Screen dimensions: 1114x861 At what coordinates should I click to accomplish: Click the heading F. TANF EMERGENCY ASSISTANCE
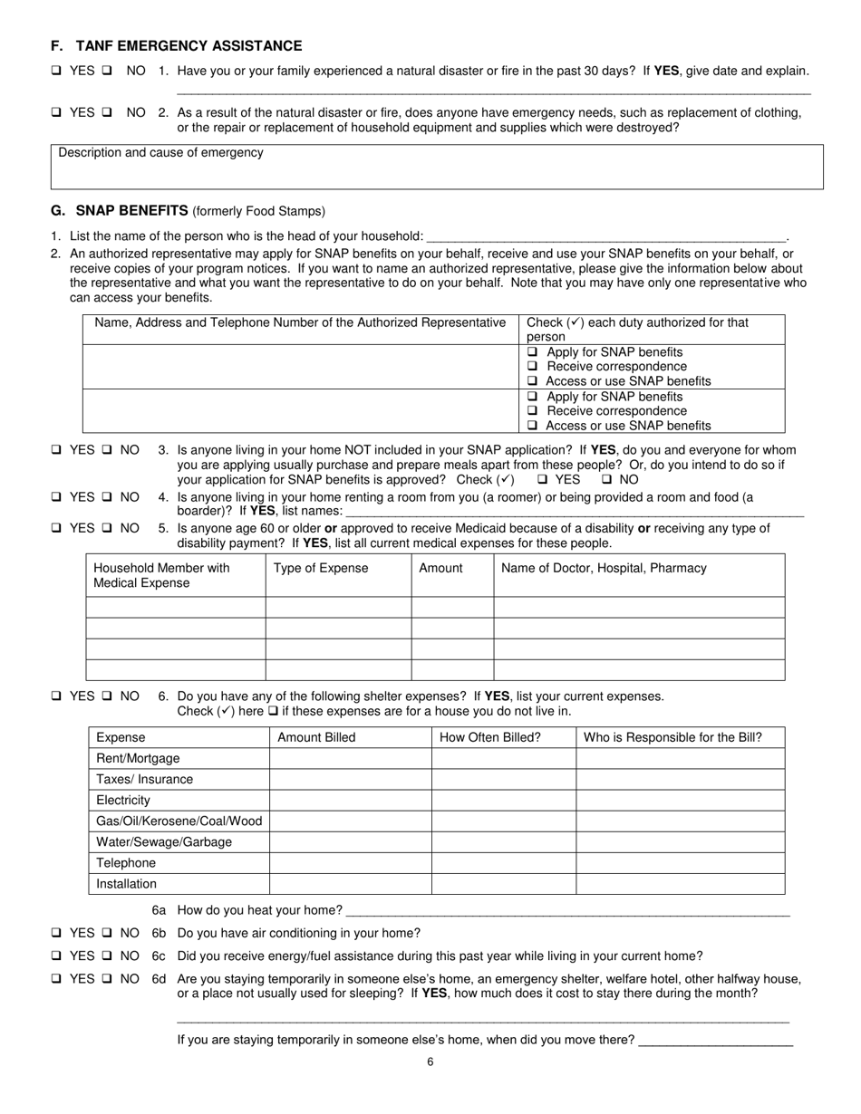pos(177,46)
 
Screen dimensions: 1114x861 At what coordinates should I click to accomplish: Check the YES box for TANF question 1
pos(56,71)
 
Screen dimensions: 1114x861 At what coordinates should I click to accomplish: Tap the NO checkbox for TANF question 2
pos(107,113)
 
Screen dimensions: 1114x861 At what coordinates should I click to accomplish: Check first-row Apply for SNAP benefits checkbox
pos(533,352)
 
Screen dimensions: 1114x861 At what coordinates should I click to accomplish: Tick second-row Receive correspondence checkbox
pos(533,411)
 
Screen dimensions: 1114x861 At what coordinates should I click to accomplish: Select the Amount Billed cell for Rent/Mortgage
pos(350,758)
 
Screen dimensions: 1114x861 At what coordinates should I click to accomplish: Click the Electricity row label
pos(123,801)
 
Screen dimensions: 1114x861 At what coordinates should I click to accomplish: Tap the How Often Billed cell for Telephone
pos(503,863)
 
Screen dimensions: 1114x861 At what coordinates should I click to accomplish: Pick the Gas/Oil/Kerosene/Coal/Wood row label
pos(179,821)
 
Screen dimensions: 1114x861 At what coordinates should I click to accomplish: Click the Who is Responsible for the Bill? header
pos(672,737)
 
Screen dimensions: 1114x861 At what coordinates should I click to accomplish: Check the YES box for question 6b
pos(56,933)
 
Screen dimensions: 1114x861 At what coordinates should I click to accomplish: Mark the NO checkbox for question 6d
pos(107,979)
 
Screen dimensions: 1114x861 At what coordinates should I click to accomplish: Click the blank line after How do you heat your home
pos(567,910)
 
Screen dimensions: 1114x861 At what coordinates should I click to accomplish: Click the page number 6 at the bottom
pos(430,1062)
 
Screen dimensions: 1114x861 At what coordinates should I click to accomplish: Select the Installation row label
pos(126,884)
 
